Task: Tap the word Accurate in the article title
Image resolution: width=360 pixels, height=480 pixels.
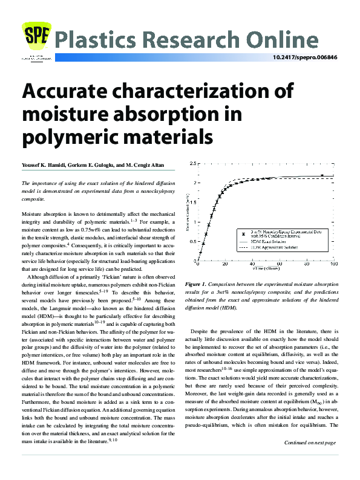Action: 77,92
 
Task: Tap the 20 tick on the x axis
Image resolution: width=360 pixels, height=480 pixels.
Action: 225,265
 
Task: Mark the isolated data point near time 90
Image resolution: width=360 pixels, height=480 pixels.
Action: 322,175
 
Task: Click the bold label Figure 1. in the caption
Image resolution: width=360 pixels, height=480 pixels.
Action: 197,284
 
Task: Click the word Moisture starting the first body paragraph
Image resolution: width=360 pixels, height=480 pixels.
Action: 34,215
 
